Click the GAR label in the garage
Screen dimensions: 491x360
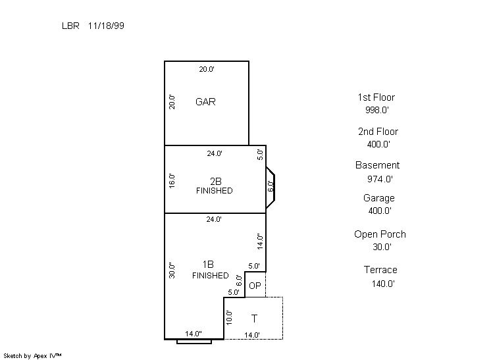pyautogui.click(x=205, y=102)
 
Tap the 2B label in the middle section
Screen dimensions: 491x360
pyautogui.click(x=216, y=181)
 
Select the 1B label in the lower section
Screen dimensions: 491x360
pyautogui.click(x=208, y=265)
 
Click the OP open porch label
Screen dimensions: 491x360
pyautogui.click(x=255, y=286)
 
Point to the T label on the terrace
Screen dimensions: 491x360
pyautogui.click(x=254, y=319)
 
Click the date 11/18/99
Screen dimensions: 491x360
pyautogui.click(x=106, y=26)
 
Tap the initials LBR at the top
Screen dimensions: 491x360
pyautogui.click(x=70, y=26)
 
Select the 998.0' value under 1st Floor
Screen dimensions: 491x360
pyautogui.click(x=377, y=110)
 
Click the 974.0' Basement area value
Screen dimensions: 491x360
pyautogui.click(x=380, y=179)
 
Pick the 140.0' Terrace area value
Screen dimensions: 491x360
pyautogui.click(x=383, y=284)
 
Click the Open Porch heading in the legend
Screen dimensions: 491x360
pyautogui.click(x=380, y=234)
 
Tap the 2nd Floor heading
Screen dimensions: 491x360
pyautogui.click(x=378, y=132)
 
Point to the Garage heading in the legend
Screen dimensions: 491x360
pyautogui.click(x=379, y=198)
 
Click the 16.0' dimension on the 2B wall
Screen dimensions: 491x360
pyautogui.click(x=172, y=181)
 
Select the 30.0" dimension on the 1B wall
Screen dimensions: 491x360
pyautogui.click(x=172, y=270)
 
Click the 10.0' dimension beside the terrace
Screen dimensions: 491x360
pyautogui.click(x=229, y=317)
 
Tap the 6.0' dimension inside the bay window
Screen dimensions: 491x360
pyautogui.click(x=271, y=186)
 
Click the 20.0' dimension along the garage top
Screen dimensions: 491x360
pyautogui.click(x=207, y=69)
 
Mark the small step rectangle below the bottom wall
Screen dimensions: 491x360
pyautogui.click(x=194, y=342)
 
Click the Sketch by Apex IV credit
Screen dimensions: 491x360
pyautogui.click(x=32, y=356)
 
